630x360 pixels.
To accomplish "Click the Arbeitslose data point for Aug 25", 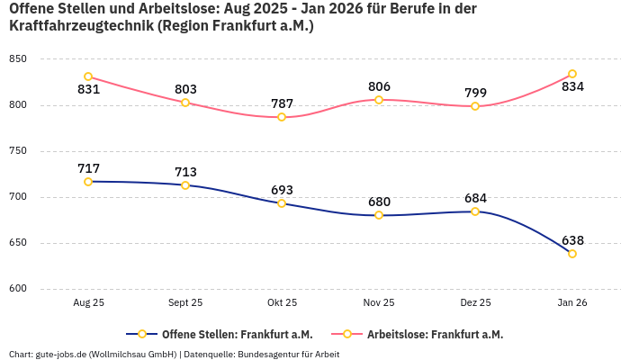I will click(x=88, y=76).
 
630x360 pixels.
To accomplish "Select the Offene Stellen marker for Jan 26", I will click(x=572, y=254).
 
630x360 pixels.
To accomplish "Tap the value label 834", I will click(x=572, y=87).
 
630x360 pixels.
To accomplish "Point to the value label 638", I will click(x=572, y=240).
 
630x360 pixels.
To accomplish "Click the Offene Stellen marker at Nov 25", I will click(x=379, y=215).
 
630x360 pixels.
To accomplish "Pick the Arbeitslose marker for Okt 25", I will click(x=282, y=117).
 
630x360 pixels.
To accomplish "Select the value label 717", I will click(x=88, y=168).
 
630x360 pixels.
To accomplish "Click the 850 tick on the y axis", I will click(x=18, y=59).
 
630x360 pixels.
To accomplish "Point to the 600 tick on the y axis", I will click(x=18, y=289).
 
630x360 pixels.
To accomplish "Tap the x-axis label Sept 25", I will click(x=185, y=303).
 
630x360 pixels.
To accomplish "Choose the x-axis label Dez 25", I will click(x=475, y=303).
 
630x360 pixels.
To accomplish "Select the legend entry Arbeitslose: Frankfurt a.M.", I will click(x=435, y=334).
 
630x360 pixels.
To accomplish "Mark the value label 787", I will click(x=282, y=103).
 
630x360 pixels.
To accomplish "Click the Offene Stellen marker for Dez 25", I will click(x=475, y=211).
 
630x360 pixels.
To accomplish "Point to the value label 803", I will click(x=185, y=89).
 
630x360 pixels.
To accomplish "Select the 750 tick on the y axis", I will click(x=18, y=151).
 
